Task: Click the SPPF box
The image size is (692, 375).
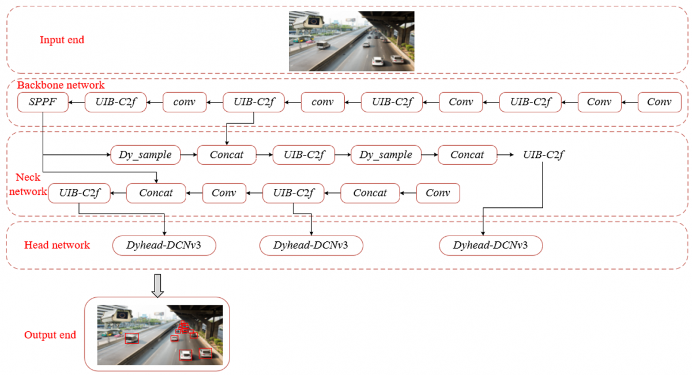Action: pos(43,102)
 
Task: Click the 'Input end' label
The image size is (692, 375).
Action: pos(62,40)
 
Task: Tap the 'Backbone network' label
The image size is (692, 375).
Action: pos(61,85)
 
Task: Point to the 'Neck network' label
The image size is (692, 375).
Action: pos(28,184)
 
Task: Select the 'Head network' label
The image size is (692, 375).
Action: pos(57,245)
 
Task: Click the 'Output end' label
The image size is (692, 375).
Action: pos(50,335)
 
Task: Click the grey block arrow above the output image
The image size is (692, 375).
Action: pos(157,286)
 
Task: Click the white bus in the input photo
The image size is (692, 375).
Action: pos(323,45)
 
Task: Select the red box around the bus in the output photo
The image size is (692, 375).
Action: pos(132,338)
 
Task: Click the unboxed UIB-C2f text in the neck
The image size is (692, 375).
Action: pos(543,154)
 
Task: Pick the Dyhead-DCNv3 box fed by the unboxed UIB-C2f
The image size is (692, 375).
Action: pos(491,245)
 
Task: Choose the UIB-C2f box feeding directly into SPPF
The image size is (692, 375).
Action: pos(115,102)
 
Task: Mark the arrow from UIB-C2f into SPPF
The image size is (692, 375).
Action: pos(76,102)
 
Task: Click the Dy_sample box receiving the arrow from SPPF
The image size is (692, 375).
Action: pos(145,154)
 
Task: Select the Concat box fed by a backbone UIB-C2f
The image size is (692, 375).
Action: pos(227,154)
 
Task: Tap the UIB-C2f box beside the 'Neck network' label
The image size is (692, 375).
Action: pos(79,193)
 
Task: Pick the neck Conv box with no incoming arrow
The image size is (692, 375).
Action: pos(438,193)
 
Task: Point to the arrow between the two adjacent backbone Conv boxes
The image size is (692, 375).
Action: pos(630,102)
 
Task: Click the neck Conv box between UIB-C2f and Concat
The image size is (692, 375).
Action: pos(224,193)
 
